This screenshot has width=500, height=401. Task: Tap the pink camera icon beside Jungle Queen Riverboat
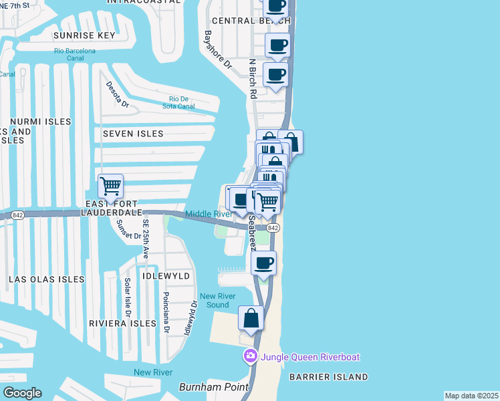(251, 356)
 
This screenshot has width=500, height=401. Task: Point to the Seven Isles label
(133, 134)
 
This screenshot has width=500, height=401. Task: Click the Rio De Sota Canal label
(178, 102)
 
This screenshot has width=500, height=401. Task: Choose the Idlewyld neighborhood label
(166, 275)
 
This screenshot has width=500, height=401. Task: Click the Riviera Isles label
(122, 323)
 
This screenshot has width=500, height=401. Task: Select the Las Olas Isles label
(47, 279)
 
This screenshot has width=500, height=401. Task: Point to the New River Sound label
(218, 301)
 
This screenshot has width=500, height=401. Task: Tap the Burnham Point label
(209, 387)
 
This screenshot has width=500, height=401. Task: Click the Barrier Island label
(328, 377)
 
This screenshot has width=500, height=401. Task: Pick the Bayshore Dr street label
(217, 50)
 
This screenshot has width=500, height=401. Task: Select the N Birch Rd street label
(253, 78)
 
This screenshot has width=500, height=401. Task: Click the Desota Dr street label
(117, 94)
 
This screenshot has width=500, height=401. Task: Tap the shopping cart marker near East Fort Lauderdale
(110, 185)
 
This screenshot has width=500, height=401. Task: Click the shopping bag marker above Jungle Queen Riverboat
(251, 318)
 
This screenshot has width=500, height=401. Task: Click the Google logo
(22, 393)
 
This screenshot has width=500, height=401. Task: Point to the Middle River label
(208, 214)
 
